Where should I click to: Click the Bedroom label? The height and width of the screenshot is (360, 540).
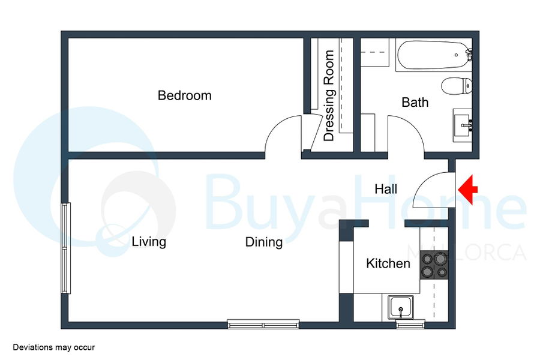(185, 95)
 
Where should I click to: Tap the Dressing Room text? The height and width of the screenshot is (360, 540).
(329, 95)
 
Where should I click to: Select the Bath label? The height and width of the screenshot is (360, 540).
(415, 103)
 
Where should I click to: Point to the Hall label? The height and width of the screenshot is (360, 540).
(386, 189)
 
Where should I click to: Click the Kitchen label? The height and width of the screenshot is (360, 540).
(388, 263)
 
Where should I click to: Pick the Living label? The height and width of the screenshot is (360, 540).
(149, 242)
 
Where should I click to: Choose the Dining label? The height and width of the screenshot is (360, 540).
(264, 242)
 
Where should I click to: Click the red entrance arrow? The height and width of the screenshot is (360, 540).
(467, 190)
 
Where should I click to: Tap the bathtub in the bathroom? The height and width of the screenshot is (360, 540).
(434, 55)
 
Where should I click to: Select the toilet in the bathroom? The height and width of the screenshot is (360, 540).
(457, 86)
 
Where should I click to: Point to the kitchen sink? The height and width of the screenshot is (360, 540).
(400, 308)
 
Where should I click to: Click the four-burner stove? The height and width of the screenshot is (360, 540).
(434, 266)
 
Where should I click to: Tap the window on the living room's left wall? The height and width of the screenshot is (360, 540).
(66, 248)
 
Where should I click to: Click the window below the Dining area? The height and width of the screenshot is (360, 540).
(263, 324)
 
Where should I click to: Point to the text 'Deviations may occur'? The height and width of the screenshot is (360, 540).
(54, 347)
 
